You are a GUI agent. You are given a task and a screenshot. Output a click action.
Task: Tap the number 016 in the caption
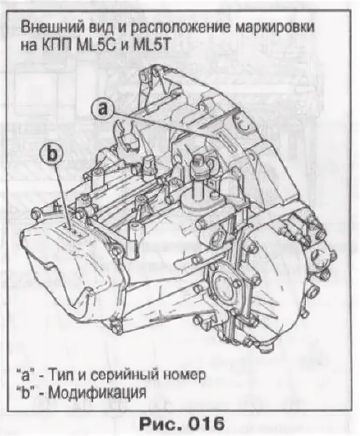coord(203,422)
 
